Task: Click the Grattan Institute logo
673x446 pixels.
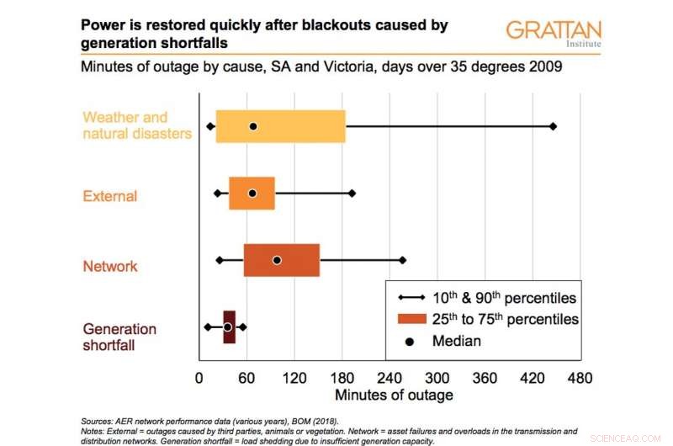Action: (x=553, y=34)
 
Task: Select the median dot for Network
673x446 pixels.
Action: (x=277, y=260)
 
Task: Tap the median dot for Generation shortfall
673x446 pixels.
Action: (x=227, y=327)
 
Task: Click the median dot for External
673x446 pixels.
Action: (x=252, y=193)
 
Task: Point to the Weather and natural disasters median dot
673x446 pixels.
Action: (x=252, y=126)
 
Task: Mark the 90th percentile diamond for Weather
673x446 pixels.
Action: (x=553, y=126)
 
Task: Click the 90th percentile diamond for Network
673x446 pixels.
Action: (x=402, y=260)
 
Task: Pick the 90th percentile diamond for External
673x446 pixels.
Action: (x=352, y=193)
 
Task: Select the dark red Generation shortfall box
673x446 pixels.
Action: (x=229, y=327)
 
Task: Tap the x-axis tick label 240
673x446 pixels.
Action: (x=389, y=378)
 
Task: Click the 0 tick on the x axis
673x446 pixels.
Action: (x=199, y=378)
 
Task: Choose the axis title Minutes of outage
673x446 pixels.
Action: (x=394, y=395)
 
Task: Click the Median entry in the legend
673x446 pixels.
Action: (x=458, y=341)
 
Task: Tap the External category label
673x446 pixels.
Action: (x=110, y=197)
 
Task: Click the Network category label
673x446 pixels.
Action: (x=110, y=267)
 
